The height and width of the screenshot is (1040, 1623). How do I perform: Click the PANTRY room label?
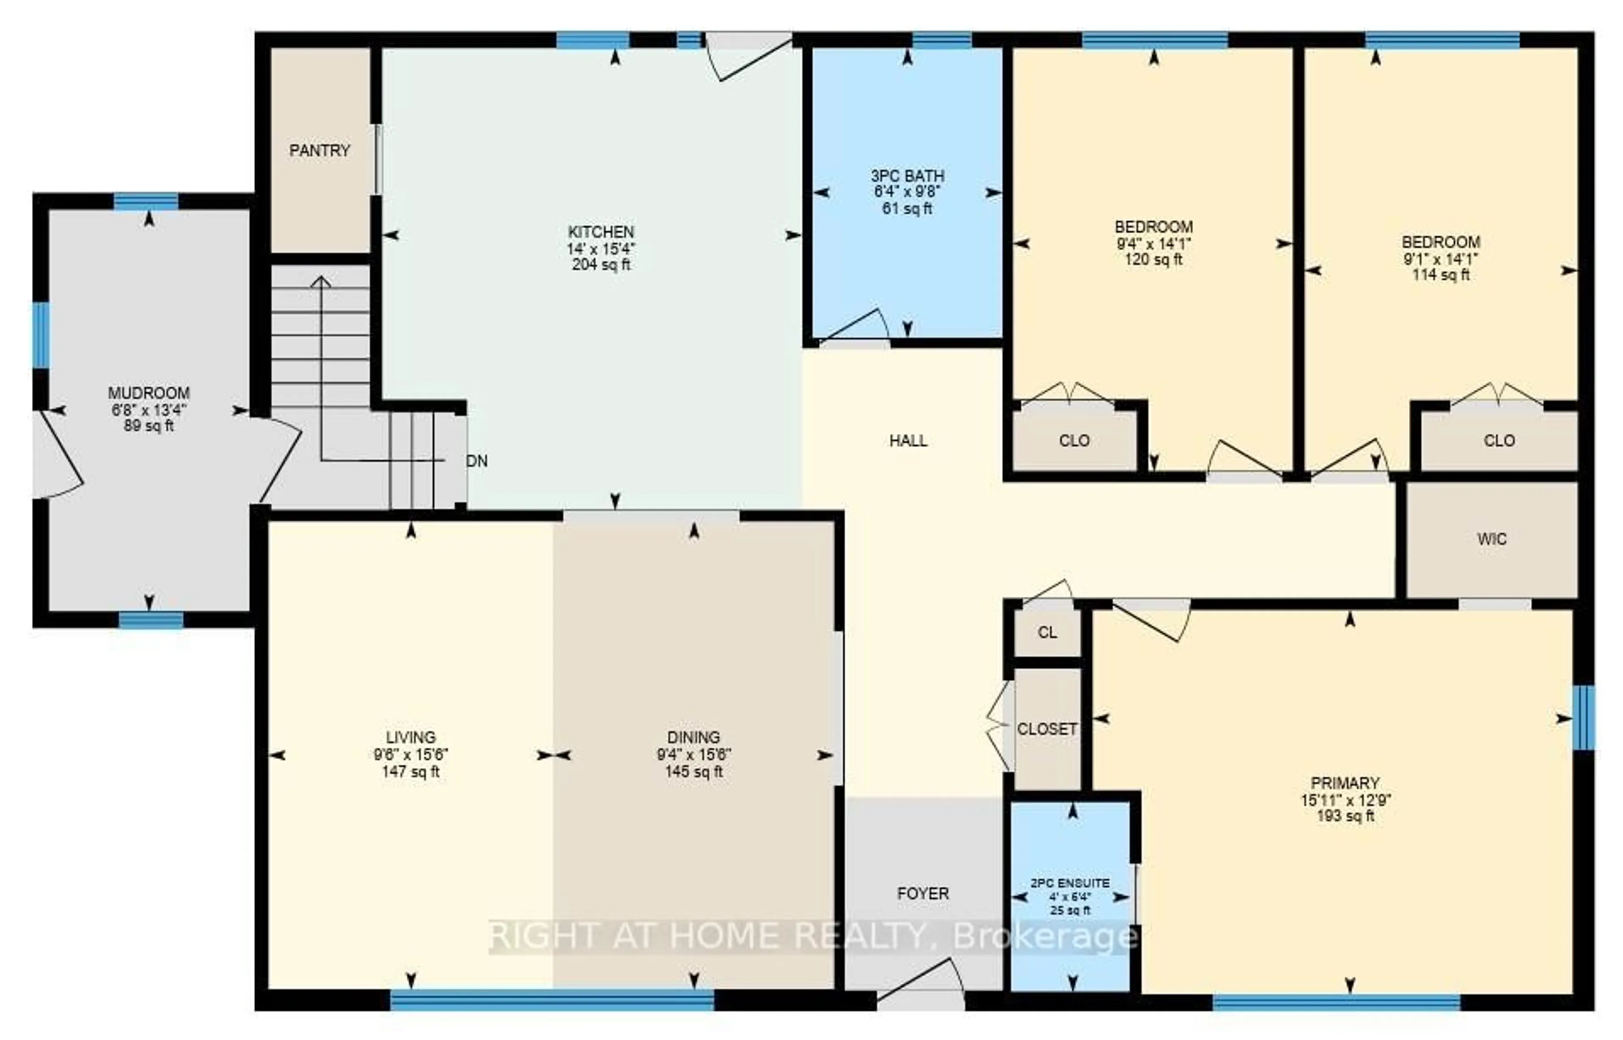320,151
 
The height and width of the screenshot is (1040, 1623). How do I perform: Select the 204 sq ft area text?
600,265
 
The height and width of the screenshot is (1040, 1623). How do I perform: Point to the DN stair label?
477,461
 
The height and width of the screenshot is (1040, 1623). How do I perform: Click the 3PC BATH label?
907,176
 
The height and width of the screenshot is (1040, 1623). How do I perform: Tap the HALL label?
908,441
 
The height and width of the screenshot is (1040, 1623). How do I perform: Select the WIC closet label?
1492,539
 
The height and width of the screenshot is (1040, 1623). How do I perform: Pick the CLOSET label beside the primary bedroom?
1046,729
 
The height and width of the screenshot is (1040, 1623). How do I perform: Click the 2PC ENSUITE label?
1070,883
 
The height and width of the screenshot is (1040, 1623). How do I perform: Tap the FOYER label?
923,893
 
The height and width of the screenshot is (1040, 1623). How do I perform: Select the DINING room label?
693,737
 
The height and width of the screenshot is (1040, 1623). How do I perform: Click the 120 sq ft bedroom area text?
1154,259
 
